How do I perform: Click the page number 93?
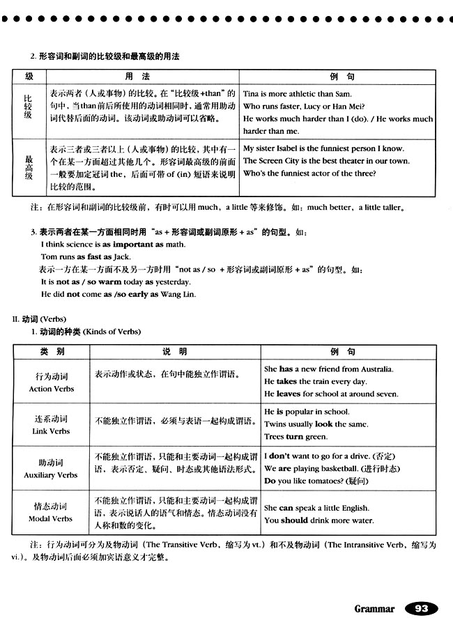tap(421, 608)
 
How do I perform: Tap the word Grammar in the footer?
tap(374, 609)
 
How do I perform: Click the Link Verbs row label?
tap(52, 424)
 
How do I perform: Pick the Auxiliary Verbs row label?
tap(52, 468)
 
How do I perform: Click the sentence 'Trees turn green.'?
tap(295, 437)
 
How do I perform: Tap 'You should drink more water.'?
tap(318, 520)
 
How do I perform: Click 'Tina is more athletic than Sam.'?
tap(298, 94)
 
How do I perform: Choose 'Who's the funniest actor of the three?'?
tap(309, 173)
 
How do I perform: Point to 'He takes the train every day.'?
tap(315, 382)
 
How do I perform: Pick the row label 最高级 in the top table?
tap(29, 167)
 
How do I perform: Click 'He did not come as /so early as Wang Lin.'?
tap(118, 294)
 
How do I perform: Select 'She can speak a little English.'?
tap(317, 508)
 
